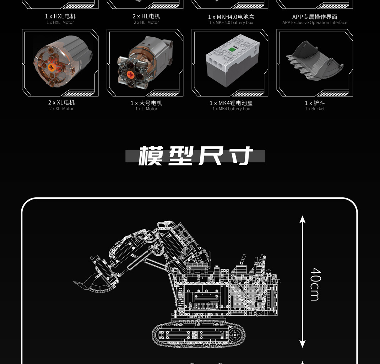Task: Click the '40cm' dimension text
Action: pyautogui.click(x=315, y=284)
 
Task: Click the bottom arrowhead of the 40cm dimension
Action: pyautogui.click(x=302, y=344)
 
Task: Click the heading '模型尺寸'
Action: pyautogui.click(x=195, y=156)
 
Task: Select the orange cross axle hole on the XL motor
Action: pyautogui.click(x=51, y=66)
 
